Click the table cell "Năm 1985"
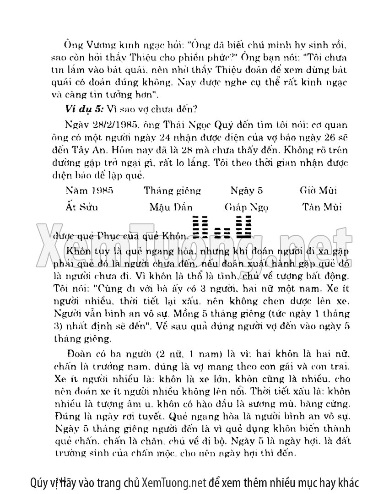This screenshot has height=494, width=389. point(89,190)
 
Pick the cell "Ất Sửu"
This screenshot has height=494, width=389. point(82,207)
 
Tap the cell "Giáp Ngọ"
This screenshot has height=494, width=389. point(243,207)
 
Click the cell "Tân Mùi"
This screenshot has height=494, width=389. point(323,207)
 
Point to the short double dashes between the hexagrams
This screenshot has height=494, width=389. point(222,233)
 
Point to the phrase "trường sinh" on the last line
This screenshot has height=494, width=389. point(75,455)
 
